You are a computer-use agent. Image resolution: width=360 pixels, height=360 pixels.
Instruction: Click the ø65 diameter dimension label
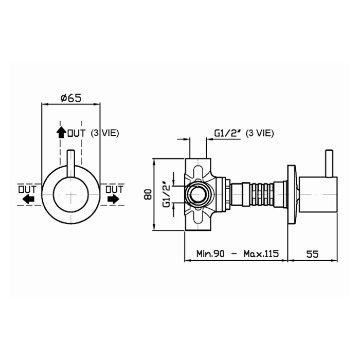(71, 98)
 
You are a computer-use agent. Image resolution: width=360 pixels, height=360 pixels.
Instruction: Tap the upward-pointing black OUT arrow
(61, 132)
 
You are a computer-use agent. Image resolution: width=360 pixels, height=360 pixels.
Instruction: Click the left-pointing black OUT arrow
(28, 199)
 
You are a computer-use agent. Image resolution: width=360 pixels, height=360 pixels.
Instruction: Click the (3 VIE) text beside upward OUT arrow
(105, 133)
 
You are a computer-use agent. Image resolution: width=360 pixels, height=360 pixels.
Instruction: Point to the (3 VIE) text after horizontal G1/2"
(259, 133)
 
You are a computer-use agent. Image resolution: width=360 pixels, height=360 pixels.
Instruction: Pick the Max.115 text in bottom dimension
(261, 254)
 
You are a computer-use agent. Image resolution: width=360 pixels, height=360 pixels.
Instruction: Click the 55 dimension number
(312, 254)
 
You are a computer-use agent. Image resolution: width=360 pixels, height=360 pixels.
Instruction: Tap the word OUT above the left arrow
(27, 189)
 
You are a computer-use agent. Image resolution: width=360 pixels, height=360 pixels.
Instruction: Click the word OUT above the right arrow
(114, 189)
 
